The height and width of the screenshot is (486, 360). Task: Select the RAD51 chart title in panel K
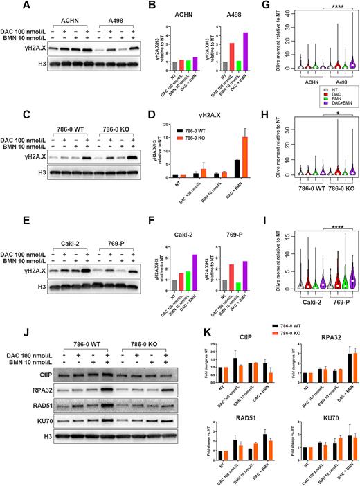224,410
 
